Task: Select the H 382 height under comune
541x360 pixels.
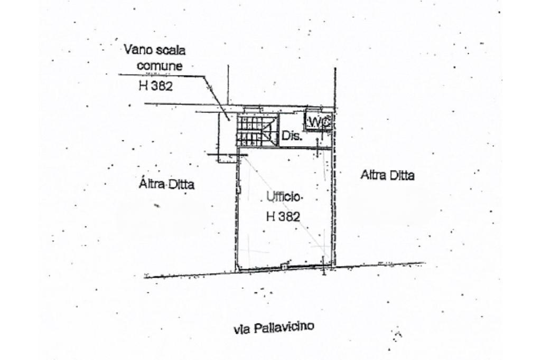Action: [155, 87]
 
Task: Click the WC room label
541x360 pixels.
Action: [319, 122]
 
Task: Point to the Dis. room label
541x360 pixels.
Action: [292, 136]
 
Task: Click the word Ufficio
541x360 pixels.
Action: [284, 197]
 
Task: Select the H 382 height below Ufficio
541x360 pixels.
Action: [283, 216]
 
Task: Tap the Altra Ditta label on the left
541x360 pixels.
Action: [166, 184]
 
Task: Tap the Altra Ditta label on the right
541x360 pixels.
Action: [387, 175]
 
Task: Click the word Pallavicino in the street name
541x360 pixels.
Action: [284, 328]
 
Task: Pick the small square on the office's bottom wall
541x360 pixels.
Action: [284, 267]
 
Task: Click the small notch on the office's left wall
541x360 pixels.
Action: [238, 190]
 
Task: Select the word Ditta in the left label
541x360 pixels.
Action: [181, 184]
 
